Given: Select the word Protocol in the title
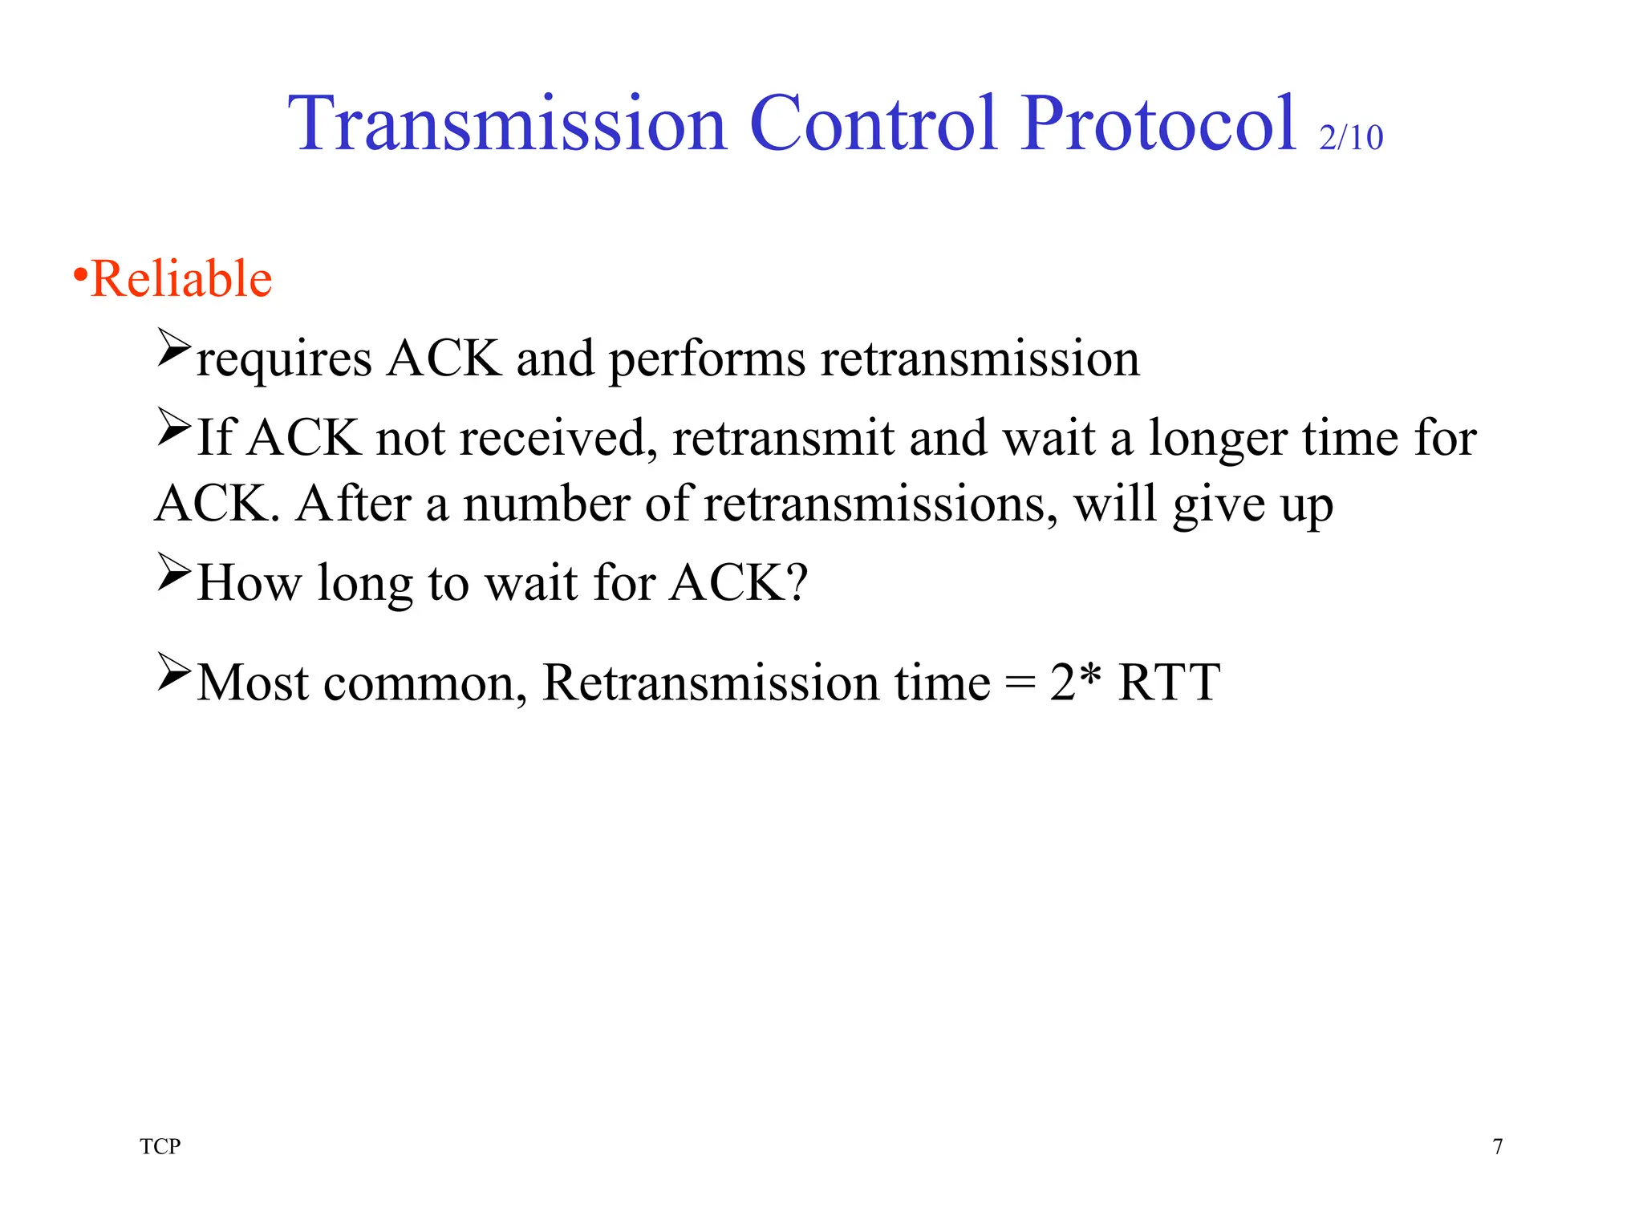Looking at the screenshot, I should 1158,124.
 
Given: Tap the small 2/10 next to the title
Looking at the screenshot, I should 1351,138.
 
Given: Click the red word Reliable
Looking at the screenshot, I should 182,279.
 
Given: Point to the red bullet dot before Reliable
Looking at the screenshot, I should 80,275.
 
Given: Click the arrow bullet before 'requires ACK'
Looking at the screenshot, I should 174,347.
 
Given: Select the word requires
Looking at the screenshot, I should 284,359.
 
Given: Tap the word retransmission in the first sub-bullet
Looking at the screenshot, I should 980,358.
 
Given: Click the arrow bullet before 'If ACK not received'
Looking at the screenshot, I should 174,427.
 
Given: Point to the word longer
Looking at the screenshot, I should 1218,440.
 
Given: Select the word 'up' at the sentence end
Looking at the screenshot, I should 1307,507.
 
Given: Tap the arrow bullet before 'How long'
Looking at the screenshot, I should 174,571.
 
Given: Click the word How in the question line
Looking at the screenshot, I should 249,582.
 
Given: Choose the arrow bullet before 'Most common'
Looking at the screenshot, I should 174,671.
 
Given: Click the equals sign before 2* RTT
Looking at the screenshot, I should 1020,683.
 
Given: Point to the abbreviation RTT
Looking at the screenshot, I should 1168,683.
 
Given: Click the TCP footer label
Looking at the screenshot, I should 160,1146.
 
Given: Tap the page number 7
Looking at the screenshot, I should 1497,1147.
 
